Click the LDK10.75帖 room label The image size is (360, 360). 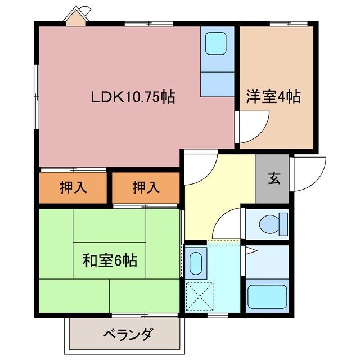coord(133,97)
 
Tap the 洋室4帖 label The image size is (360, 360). coord(273,97)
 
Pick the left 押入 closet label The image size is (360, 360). coord(73,188)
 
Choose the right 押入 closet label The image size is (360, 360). coord(146,188)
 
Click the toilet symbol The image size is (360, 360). coord(268,224)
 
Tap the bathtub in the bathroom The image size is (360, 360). coord(267,296)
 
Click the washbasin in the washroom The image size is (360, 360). coord(196,262)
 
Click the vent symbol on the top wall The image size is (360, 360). coord(76,15)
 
